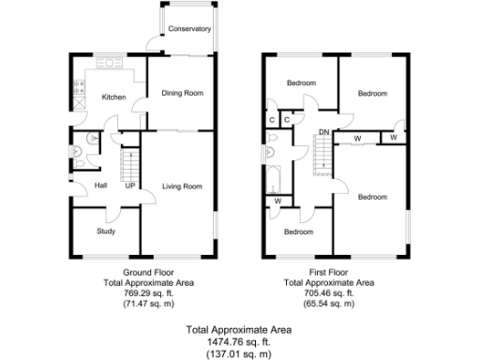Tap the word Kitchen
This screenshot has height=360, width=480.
[x=113, y=97]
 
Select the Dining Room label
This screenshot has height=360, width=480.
[x=182, y=93]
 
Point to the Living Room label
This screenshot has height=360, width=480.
[x=182, y=187]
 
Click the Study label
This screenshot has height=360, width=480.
[x=105, y=231]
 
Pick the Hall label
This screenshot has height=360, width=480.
[x=101, y=186]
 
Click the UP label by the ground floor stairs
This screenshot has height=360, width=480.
[x=129, y=186]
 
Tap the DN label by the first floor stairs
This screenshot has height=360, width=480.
[x=323, y=132]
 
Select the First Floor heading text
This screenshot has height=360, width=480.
[x=329, y=272]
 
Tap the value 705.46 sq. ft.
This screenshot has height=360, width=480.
[x=329, y=292]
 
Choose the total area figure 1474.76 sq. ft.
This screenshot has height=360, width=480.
[x=239, y=342]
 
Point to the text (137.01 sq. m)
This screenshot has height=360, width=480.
[x=239, y=353]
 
